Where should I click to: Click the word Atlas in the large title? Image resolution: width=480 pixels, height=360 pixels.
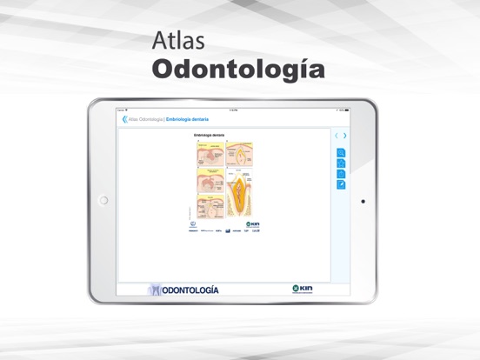pyautogui.click(x=177, y=42)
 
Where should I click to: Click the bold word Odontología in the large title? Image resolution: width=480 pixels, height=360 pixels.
pyautogui.click(x=238, y=70)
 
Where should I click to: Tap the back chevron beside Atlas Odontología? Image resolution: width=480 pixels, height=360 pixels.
pyautogui.click(x=124, y=119)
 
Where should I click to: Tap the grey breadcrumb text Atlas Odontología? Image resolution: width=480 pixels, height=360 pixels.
pyautogui.click(x=145, y=119)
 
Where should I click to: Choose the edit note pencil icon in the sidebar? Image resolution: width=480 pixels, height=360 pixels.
pyautogui.click(x=342, y=184)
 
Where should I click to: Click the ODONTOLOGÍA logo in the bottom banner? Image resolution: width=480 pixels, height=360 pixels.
pyautogui.click(x=183, y=290)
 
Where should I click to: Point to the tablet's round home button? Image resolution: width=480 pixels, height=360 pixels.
pyautogui.click(x=103, y=201)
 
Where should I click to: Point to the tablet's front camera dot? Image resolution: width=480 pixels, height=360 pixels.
pyautogui.click(x=363, y=201)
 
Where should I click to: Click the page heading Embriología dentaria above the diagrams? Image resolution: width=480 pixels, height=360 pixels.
pyautogui.click(x=210, y=136)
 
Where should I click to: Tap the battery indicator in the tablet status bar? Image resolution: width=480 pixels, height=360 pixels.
pyautogui.click(x=345, y=110)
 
